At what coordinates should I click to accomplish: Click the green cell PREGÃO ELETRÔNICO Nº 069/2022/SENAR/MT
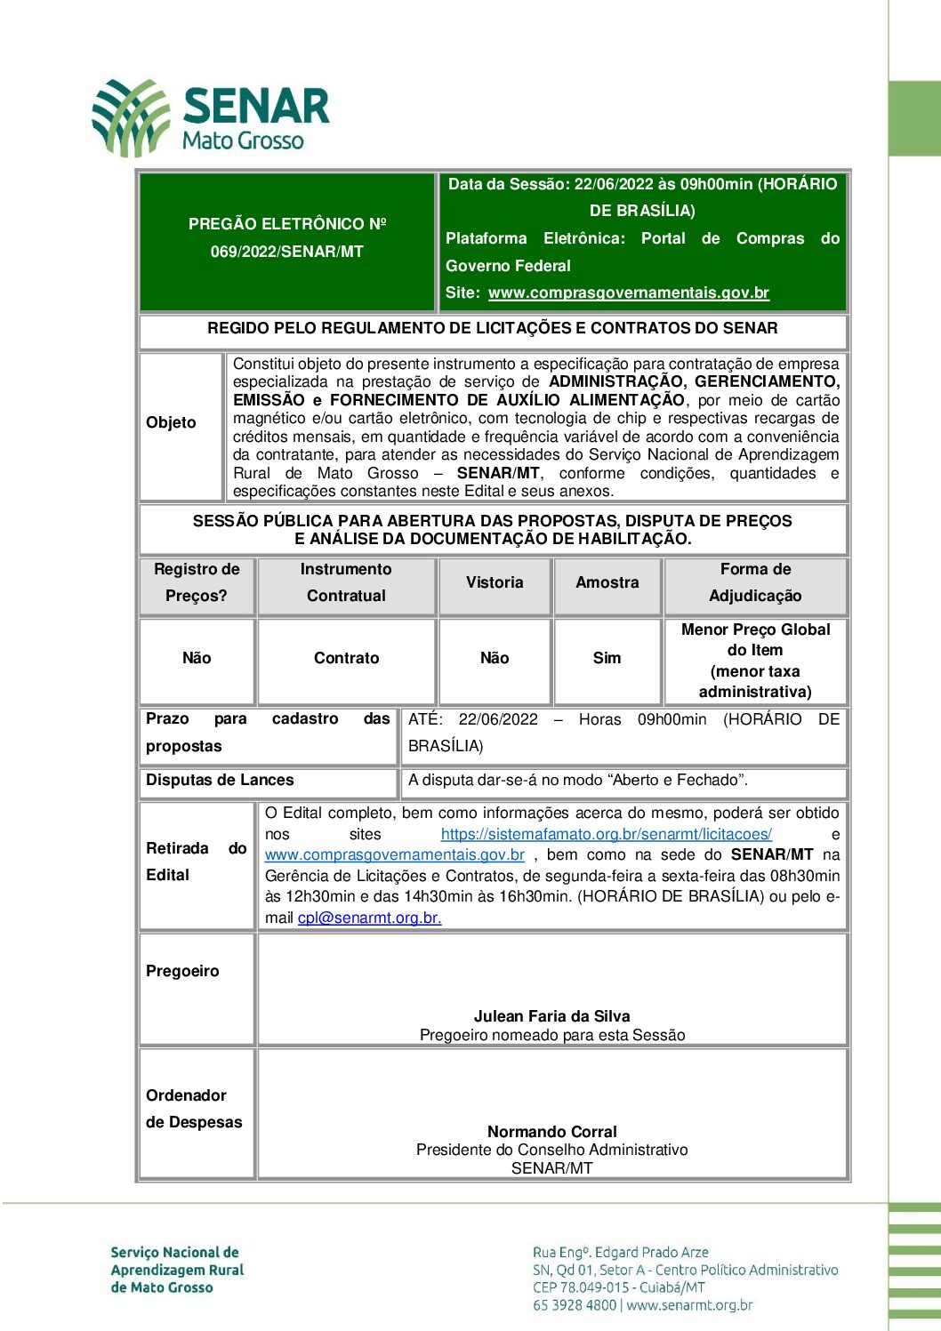coord(287,238)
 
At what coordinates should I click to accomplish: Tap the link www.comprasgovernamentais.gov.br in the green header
coord(628,293)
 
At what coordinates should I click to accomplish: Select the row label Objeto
coord(171,423)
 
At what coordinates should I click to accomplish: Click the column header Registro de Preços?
coord(197,583)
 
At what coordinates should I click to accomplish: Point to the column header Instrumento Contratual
coord(346,583)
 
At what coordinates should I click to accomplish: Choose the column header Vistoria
coord(495,583)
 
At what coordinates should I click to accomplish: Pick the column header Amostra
coord(607,583)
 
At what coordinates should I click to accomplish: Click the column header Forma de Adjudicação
coord(755,583)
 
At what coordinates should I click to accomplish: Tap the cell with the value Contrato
coord(346,659)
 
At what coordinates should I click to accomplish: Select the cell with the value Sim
coord(607,659)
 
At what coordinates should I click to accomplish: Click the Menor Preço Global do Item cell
coord(755,661)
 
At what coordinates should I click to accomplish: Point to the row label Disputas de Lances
coord(220,781)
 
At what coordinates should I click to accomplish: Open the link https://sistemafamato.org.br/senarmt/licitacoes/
coord(606,835)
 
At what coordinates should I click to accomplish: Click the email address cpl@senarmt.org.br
coord(369,918)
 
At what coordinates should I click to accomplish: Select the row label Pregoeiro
coord(182,972)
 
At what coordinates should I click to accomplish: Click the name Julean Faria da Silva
coord(551,1016)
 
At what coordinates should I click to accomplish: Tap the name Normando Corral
coord(551,1132)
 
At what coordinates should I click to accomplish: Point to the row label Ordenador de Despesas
coord(193,1109)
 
